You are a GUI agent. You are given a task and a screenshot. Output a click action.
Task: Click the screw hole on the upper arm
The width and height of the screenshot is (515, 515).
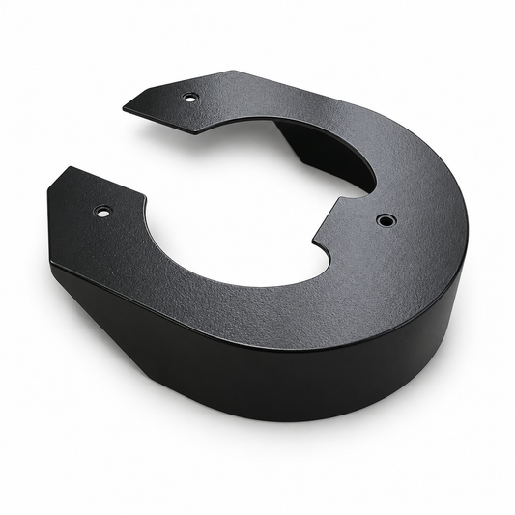tap(190, 98)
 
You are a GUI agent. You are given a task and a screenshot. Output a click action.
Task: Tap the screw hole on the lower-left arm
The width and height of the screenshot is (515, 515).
tap(102, 211)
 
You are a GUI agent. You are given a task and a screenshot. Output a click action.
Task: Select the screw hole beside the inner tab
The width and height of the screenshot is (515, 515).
tap(386, 220)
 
